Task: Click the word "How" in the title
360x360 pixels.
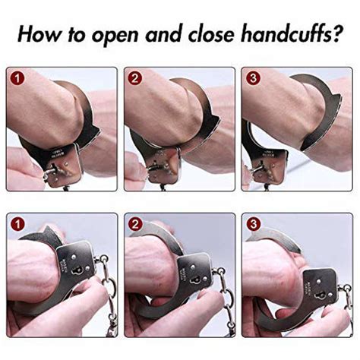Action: pos(40,34)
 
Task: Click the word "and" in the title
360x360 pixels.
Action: pos(153,34)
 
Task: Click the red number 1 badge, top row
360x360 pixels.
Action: pos(17,77)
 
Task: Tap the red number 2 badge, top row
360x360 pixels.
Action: pos(134,77)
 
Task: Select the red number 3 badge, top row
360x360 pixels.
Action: pos(251,77)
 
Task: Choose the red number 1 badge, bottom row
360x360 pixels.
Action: pos(17,223)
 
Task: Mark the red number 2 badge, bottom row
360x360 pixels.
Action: pos(134,223)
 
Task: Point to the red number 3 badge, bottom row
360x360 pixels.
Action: pos(251,223)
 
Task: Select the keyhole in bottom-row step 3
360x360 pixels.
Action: pos(317,291)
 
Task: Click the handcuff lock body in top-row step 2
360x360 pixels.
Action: pos(164,161)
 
